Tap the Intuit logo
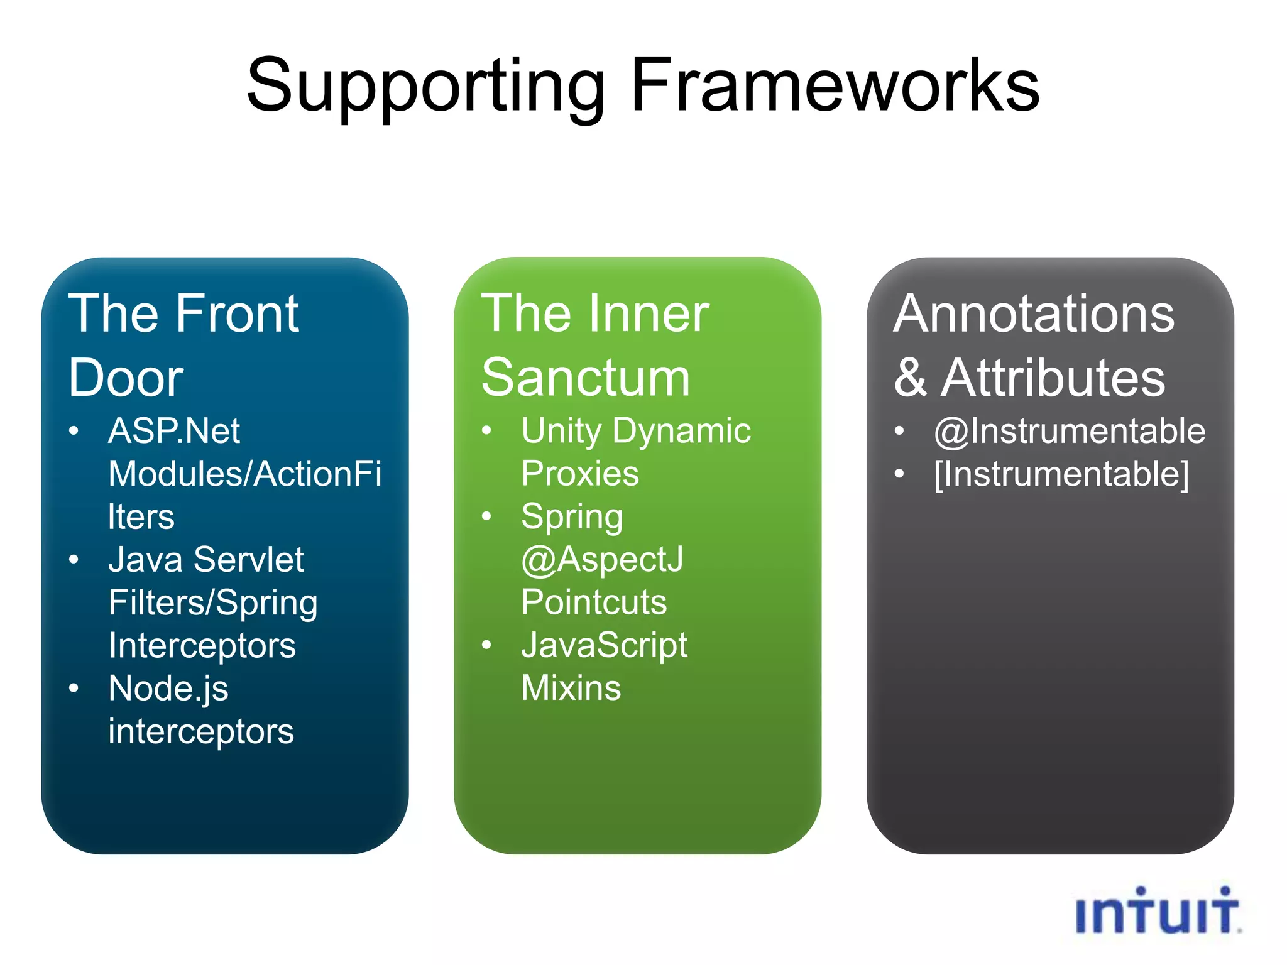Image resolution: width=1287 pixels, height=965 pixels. click(x=1158, y=912)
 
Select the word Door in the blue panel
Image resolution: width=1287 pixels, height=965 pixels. click(x=126, y=378)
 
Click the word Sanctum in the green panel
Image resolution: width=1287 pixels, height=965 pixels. click(x=586, y=378)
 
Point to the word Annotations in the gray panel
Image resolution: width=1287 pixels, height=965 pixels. click(x=1034, y=313)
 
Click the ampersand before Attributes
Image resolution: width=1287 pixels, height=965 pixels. click(x=911, y=378)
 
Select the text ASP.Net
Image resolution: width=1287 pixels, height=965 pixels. click(x=174, y=431)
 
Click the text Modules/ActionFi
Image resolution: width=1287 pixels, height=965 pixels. click(x=244, y=474)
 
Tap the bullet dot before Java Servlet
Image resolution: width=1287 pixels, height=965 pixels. click(x=74, y=559)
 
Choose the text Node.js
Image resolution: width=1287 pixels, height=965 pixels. click(x=168, y=689)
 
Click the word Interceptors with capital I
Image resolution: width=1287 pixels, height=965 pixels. click(x=202, y=645)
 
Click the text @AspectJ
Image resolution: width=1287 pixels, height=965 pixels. click(x=602, y=559)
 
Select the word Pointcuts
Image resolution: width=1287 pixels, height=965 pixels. click(x=594, y=602)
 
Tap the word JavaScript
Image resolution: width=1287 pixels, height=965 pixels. click(x=605, y=645)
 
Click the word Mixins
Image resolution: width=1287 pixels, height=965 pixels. click(x=571, y=688)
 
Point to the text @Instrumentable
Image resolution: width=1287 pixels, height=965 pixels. click(x=1070, y=431)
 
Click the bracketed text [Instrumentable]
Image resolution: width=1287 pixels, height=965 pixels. click(x=1061, y=474)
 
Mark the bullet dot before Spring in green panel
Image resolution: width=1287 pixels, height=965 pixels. click(x=486, y=516)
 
